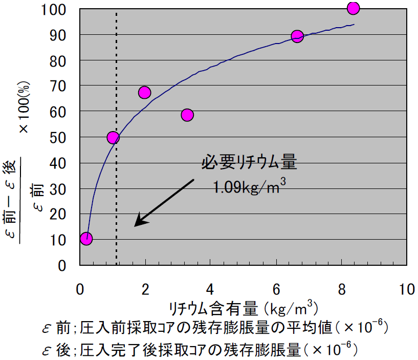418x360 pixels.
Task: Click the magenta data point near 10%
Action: (x=86, y=239)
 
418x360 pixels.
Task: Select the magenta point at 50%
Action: (x=113, y=137)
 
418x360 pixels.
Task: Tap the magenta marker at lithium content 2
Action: (x=144, y=93)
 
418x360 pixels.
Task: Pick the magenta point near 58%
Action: (x=187, y=115)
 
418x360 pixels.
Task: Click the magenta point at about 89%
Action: (x=297, y=36)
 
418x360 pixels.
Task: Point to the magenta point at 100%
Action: (x=353, y=8)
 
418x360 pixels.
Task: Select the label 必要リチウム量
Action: (x=249, y=163)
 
